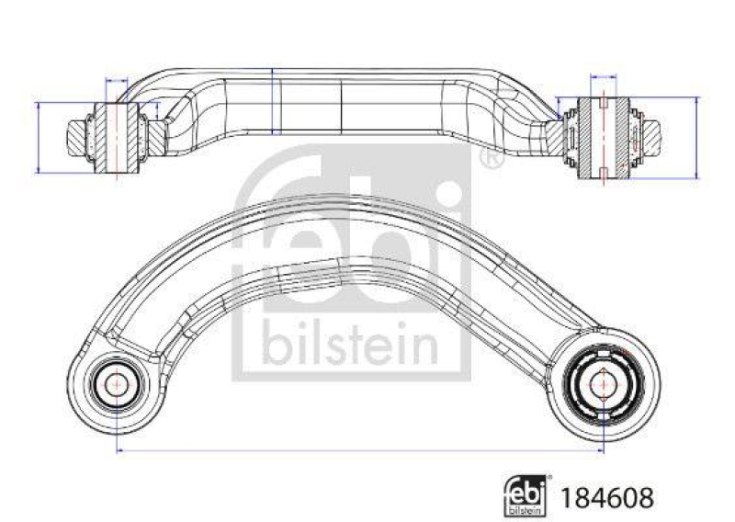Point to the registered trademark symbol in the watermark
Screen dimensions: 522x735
492,160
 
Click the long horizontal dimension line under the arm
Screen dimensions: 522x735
358,450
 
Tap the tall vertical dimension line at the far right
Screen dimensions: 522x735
695,137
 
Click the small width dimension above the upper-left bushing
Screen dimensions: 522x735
118,82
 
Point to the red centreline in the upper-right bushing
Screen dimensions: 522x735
602,137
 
